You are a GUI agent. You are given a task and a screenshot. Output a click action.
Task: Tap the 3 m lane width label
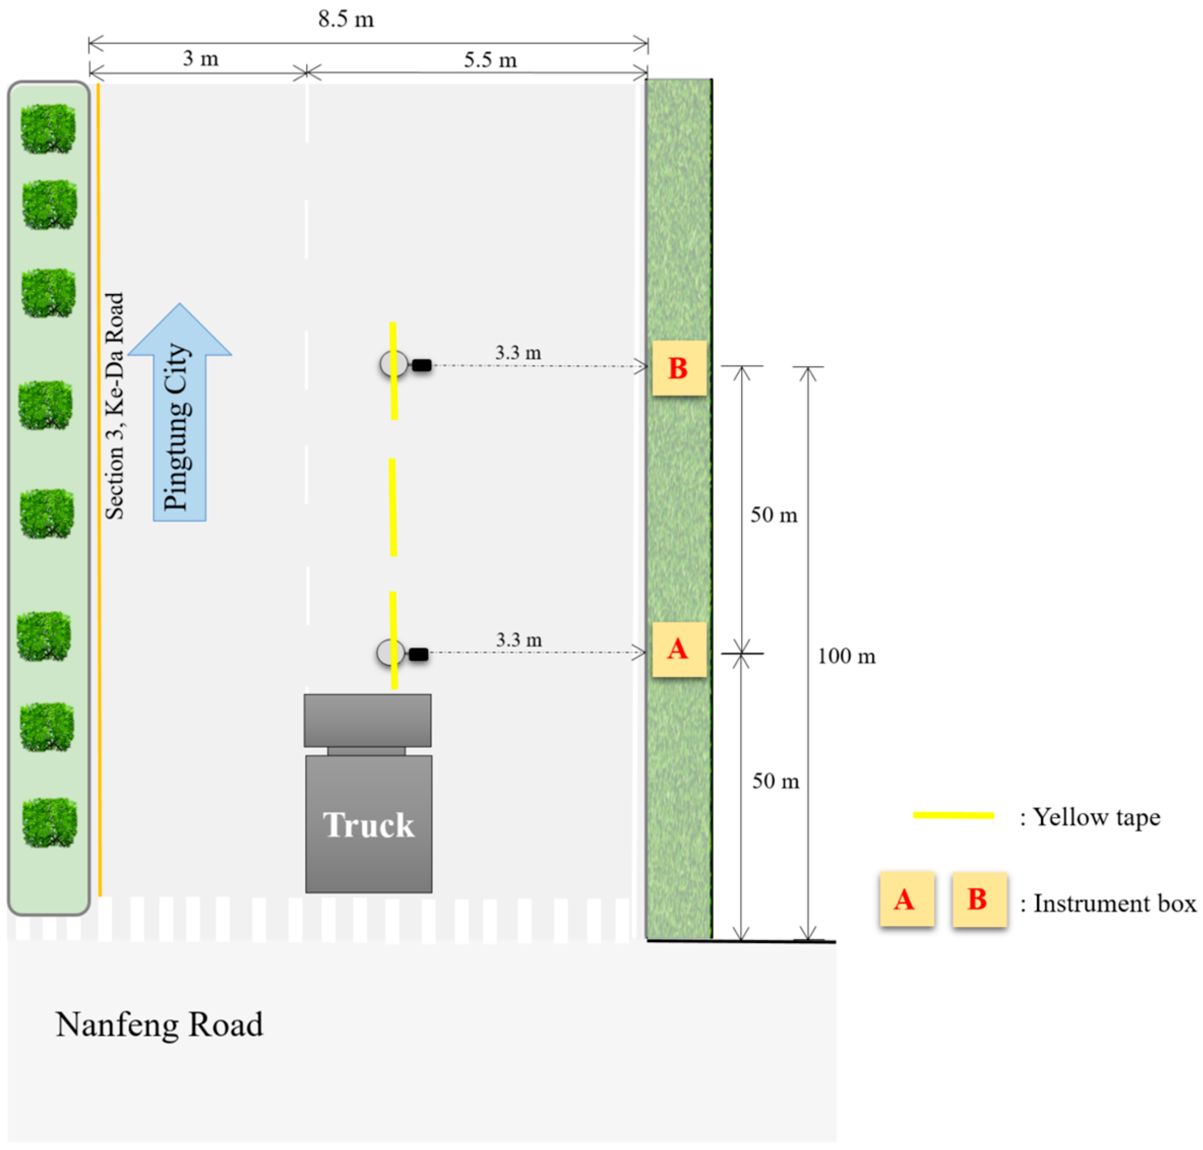point(201,59)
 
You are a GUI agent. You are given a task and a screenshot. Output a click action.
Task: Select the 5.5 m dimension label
point(489,60)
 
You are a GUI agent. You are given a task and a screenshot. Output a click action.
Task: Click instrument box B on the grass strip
point(678,368)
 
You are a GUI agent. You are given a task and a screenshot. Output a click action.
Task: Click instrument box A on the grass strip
point(678,649)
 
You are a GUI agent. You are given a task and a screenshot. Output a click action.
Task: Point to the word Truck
point(368,825)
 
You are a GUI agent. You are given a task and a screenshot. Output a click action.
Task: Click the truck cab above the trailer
point(367,720)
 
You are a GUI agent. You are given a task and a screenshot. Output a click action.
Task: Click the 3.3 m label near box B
point(518,353)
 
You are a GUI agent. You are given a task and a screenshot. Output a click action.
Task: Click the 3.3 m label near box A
point(518,640)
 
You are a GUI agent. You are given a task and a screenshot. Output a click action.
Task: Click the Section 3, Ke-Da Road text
point(115,406)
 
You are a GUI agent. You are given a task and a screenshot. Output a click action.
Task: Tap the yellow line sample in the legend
point(953,815)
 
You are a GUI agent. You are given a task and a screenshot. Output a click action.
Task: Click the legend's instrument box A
point(906,899)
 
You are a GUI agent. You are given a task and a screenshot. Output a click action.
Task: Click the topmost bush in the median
point(48,128)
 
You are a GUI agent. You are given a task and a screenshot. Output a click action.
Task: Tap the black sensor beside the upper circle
point(421,365)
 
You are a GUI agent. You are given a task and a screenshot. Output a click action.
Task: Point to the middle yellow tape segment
point(392,507)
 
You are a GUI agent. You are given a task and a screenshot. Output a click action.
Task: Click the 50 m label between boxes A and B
point(773,515)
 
